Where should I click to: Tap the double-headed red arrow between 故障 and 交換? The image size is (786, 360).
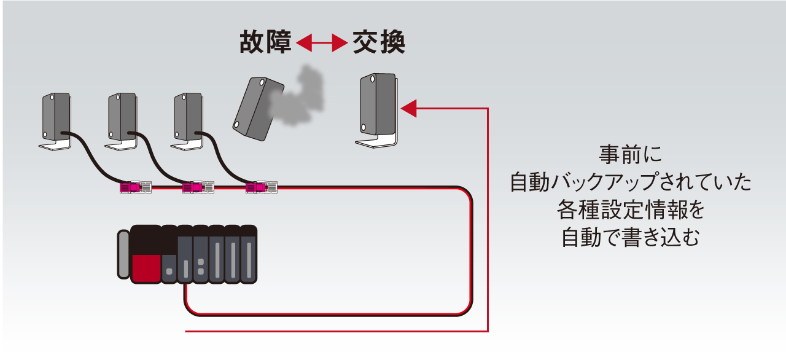tap(321, 43)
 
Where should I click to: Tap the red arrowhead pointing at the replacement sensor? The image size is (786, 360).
tap(409, 109)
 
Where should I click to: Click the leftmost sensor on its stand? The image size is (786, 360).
tap(55, 119)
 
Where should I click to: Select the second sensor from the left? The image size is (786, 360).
tap(122, 119)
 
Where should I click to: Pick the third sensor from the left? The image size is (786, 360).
tap(188, 119)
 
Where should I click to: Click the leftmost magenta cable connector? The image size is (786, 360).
tap(135, 186)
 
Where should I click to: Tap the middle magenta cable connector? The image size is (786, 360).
tap(199, 186)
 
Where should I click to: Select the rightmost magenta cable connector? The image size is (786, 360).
tap(261, 186)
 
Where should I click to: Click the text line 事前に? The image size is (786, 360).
tap(631, 154)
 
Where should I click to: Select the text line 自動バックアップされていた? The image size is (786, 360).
tap(631, 182)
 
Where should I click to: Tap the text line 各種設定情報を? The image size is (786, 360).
tap(631, 210)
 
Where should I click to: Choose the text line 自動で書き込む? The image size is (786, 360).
tap(631, 237)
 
